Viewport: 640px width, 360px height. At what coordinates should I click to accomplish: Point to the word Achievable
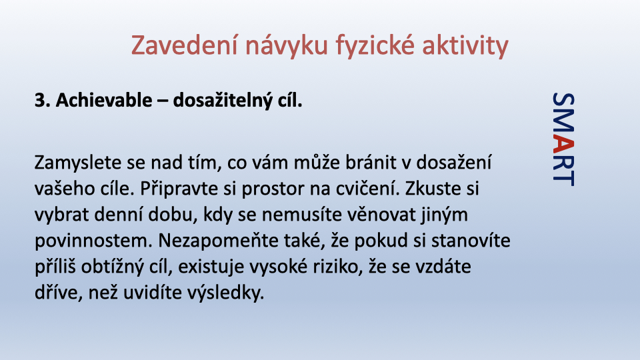104,100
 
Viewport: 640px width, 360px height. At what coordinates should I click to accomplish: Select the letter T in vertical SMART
563,178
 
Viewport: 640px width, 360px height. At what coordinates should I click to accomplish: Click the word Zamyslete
79,163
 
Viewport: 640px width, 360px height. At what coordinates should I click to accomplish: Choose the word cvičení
367,189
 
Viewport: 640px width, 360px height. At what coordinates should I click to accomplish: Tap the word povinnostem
93,241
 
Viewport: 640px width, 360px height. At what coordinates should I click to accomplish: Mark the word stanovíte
471,241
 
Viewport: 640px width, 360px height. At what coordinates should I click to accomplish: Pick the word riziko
337,267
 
